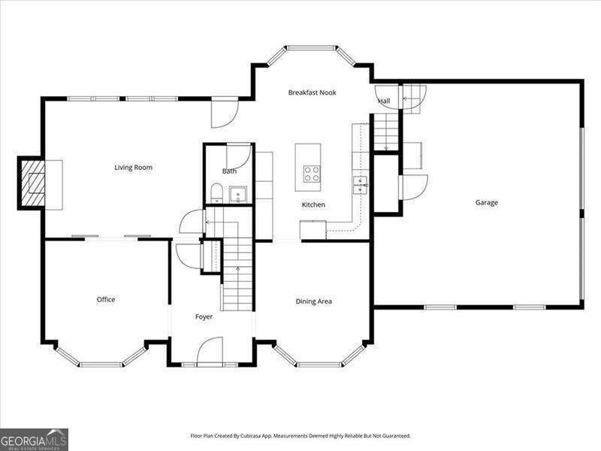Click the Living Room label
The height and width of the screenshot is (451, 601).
133,168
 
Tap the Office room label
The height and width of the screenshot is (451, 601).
106,300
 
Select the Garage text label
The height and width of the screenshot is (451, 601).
486,202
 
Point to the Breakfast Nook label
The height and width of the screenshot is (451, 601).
312,92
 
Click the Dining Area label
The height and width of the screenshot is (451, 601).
313,301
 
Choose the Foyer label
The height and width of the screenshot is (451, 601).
204,317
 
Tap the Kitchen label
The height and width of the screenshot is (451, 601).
313,204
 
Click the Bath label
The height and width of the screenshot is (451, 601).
229,171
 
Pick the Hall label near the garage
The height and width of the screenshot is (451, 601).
384,101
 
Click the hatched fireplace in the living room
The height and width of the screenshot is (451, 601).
32,183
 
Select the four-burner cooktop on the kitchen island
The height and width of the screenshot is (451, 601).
311,174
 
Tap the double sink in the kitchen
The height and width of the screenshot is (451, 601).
361,185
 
